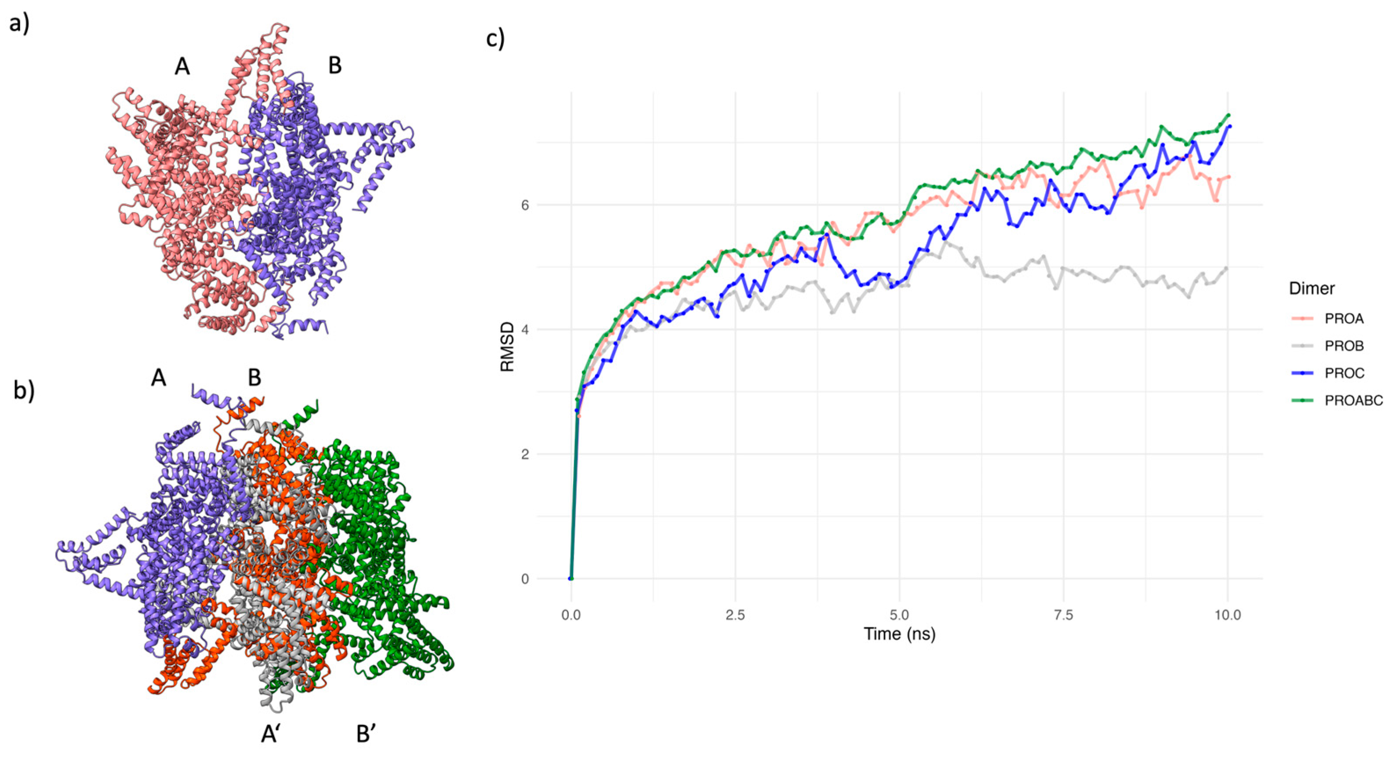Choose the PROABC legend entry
point(1352,401)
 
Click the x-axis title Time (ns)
point(899,634)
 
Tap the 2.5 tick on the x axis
point(735,615)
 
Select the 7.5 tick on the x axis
point(1064,615)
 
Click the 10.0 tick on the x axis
point(1228,615)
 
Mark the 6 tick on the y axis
point(525,205)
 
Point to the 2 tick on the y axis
point(525,454)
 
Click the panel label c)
point(495,39)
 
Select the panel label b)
point(24,391)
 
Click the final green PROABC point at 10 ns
point(1228,115)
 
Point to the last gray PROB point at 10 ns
point(1227,268)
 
